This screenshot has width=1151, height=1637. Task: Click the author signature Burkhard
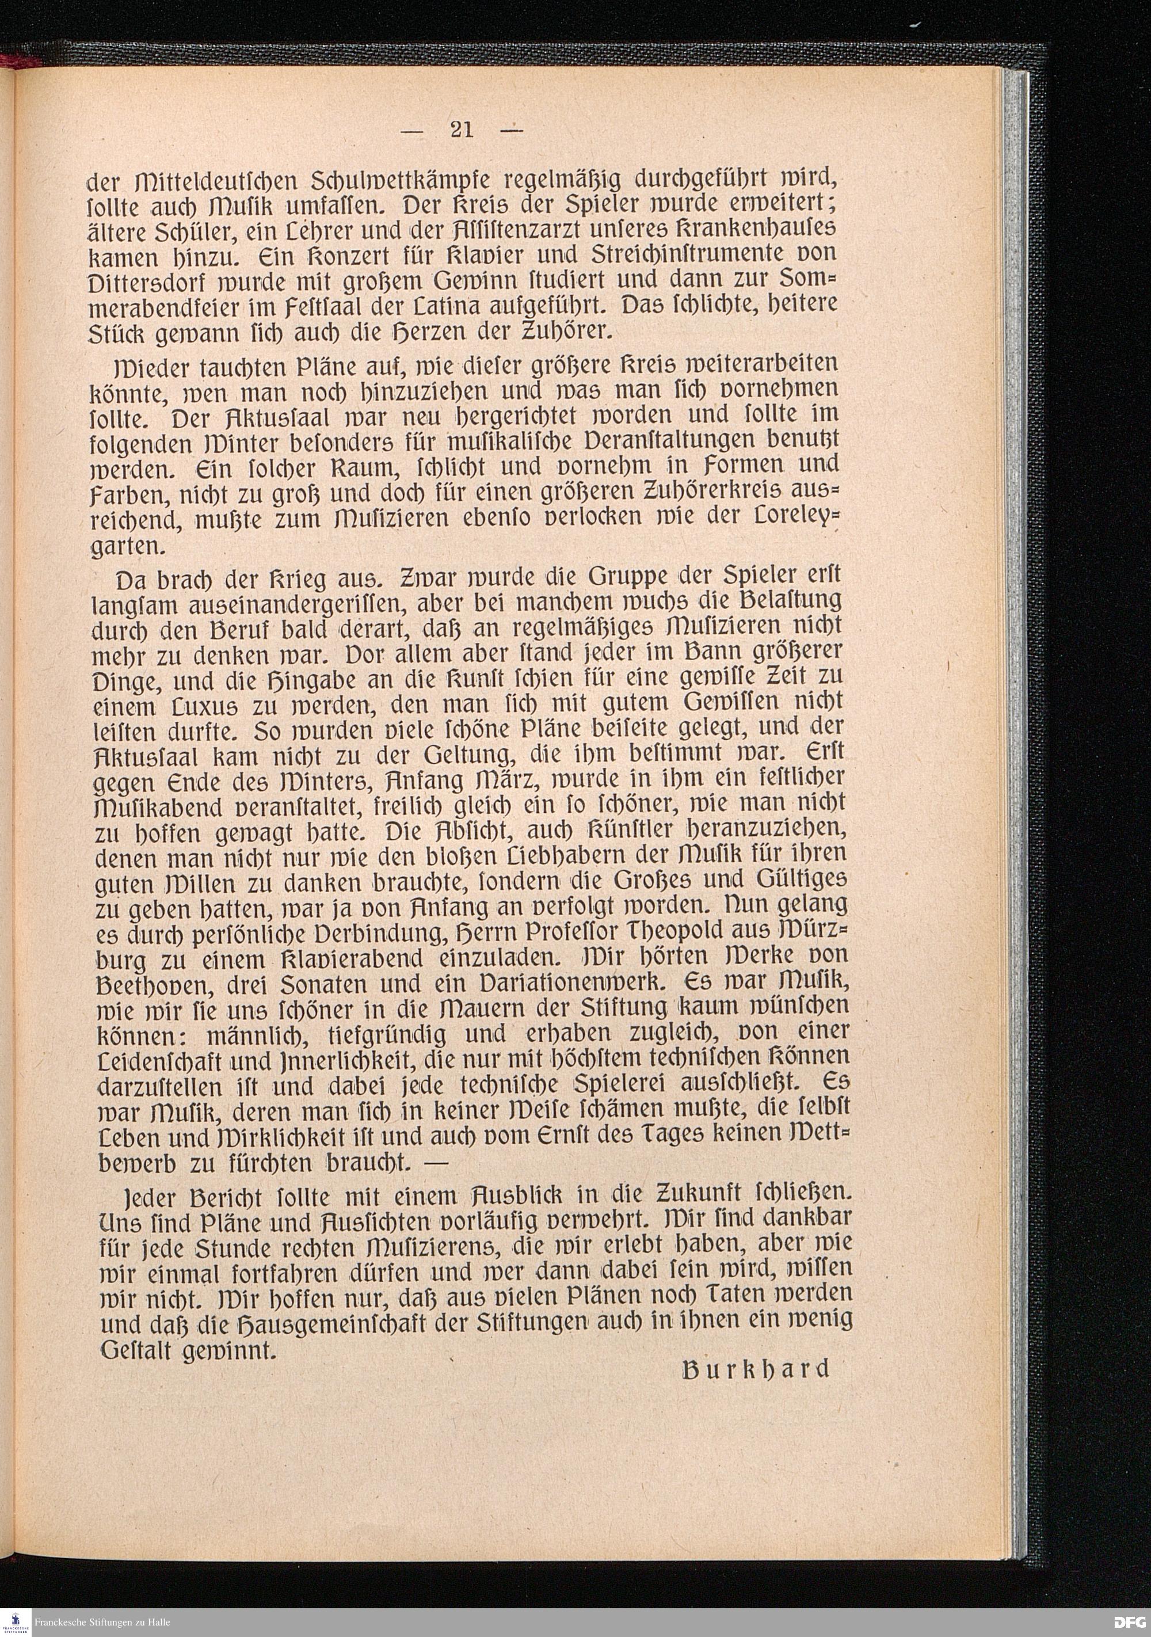point(756,1369)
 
